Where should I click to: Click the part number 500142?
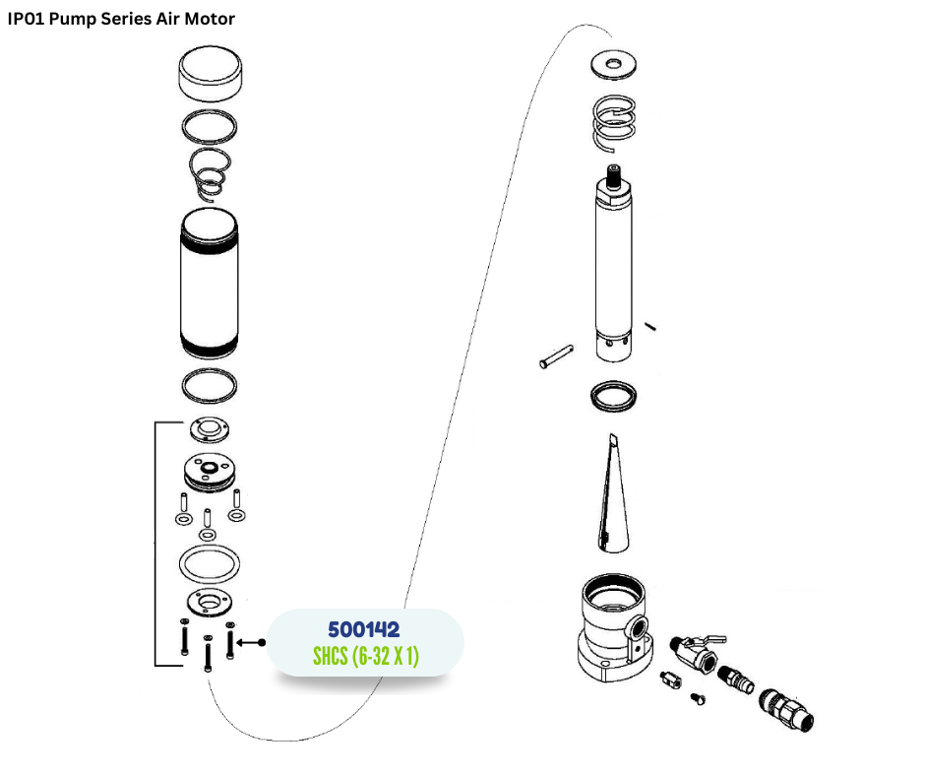coord(364,629)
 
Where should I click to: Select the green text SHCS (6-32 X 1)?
coord(366,656)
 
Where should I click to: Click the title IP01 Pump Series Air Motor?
coord(121,19)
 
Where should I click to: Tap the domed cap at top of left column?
coord(210,73)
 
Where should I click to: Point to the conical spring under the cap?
coord(209,173)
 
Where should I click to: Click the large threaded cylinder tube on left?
coord(210,284)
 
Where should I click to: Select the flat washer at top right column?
coord(613,64)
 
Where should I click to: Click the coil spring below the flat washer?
coord(614,122)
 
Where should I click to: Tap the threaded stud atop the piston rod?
coord(613,176)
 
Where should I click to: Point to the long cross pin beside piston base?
coord(556,356)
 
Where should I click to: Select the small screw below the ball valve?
coord(698,698)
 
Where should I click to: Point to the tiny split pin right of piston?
coord(650,326)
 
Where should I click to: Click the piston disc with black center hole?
coord(210,472)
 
